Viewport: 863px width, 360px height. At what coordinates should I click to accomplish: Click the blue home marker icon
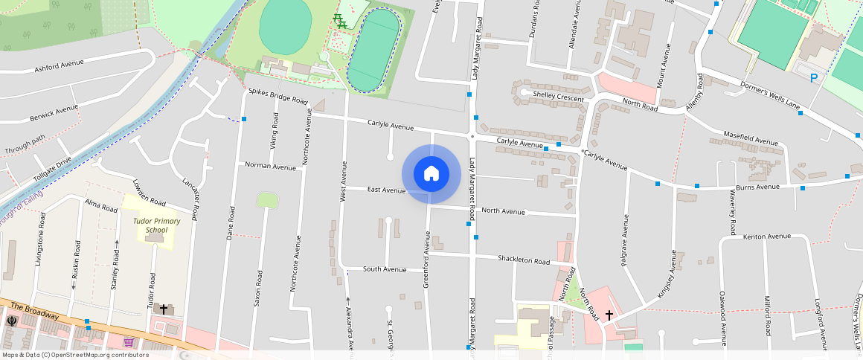(x=431, y=174)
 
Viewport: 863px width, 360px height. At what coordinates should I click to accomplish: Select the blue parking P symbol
(x=814, y=78)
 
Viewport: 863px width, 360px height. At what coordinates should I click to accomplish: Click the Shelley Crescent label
(x=559, y=95)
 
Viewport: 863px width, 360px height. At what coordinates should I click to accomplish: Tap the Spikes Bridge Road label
(x=278, y=96)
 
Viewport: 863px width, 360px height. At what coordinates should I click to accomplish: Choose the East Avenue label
(x=385, y=190)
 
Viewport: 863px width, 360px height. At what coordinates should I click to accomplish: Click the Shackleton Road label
(x=523, y=260)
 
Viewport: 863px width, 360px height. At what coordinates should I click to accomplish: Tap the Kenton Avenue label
(x=767, y=237)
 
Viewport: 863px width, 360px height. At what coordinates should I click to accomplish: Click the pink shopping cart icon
(x=129, y=342)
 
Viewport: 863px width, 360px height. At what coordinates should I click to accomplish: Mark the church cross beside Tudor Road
(x=164, y=307)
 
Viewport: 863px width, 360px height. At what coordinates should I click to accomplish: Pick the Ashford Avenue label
(x=59, y=68)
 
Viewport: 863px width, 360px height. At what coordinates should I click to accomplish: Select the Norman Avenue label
(x=270, y=166)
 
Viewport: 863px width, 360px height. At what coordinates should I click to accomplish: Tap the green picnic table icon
(x=340, y=22)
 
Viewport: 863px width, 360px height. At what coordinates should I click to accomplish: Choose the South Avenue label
(x=385, y=269)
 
